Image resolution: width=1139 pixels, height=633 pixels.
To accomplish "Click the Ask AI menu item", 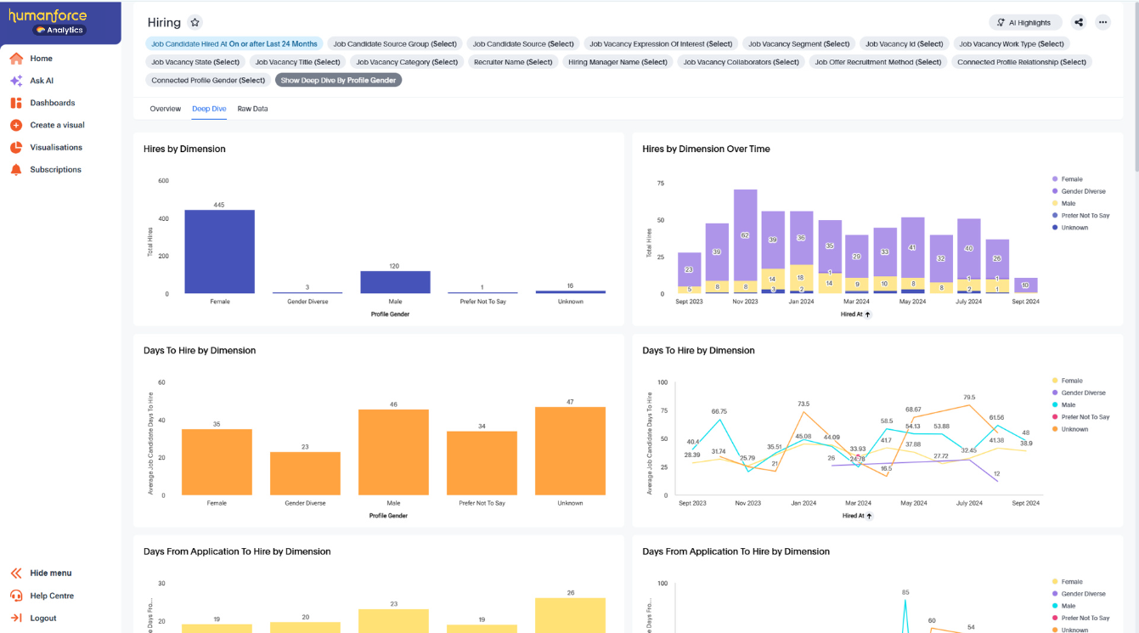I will pos(42,81).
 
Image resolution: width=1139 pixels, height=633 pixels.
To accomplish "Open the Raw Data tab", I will pos(252,109).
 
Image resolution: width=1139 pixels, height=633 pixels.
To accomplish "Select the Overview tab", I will pos(165,109).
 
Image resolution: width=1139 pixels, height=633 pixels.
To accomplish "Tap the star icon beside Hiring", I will pos(195,23).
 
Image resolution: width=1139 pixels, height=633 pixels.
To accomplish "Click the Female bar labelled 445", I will pos(219,252).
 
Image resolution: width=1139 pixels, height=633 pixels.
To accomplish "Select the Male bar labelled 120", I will pos(395,282).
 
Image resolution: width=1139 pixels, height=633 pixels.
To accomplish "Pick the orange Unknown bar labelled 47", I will pos(570,450).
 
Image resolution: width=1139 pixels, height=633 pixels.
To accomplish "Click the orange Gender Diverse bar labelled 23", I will pos(305,473).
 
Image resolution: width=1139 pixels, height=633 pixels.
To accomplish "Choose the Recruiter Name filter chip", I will pos(513,62).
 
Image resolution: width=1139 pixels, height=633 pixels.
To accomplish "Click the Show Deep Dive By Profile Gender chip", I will pos(338,81).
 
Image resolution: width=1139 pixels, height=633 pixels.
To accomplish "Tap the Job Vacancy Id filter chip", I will pos(904,44).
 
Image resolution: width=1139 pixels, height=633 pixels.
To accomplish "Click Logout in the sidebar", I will pos(42,619).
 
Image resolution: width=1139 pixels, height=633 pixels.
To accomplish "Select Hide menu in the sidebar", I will pos(50,574).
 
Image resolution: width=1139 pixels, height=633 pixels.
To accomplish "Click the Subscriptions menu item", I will pos(55,170).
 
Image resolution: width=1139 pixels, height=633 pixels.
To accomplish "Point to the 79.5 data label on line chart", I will pos(968,398).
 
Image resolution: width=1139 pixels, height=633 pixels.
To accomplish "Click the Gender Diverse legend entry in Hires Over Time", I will pos(1083,191).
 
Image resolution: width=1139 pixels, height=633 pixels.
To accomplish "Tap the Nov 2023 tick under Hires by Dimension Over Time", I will pos(746,302).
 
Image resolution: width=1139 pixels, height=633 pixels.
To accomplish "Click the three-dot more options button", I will pos(1102,23).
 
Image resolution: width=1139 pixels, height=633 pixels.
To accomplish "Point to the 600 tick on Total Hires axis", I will pos(163,181).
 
